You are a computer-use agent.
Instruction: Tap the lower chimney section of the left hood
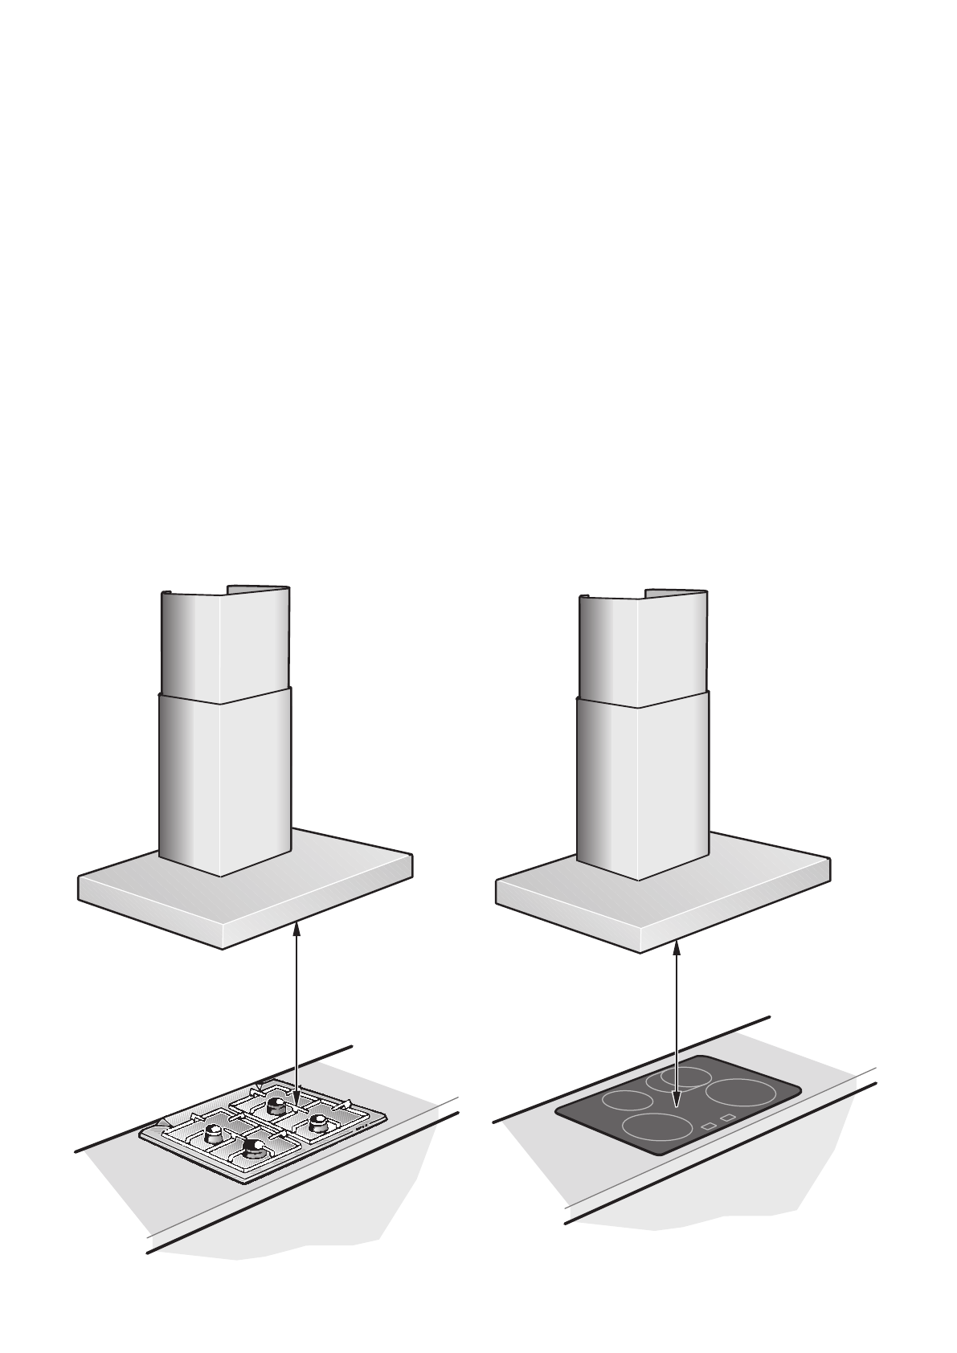pos(226,779)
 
